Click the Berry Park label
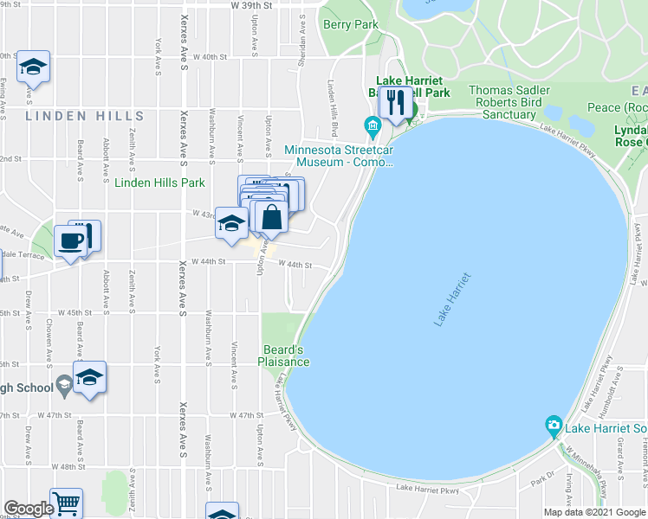click(351, 24)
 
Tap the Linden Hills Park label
click(160, 183)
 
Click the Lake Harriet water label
click(453, 299)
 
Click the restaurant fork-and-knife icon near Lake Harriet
click(396, 102)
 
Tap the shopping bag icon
click(271, 217)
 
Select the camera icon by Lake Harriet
click(553, 425)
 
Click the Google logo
click(28, 509)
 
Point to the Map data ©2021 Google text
click(594, 512)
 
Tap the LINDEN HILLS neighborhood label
click(85, 116)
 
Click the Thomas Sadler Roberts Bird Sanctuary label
click(509, 102)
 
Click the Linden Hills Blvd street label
click(332, 103)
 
